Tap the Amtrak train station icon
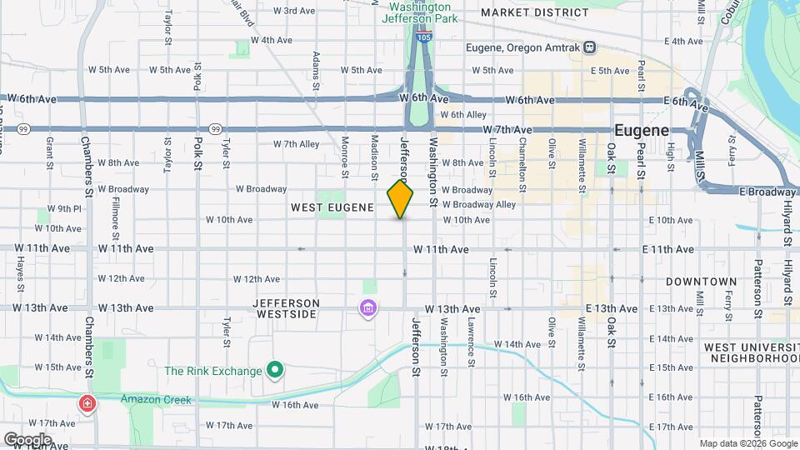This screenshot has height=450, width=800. pyautogui.click(x=589, y=47)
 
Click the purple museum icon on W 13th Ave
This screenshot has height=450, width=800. pyautogui.click(x=367, y=309)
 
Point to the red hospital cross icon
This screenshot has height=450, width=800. pyautogui.click(x=87, y=404)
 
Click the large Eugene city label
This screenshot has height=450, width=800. pyautogui.click(x=642, y=131)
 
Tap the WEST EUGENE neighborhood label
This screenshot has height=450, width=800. pyautogui.click(x=332, y=207)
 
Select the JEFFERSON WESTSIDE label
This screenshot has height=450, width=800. pyautogui.click(x=287, y=308)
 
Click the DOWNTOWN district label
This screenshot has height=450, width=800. pyautogui.click(x=701, y=282)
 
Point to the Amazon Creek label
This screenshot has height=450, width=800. pyautogui.click(x=156, y=400)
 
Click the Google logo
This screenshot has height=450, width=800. pyautogui.click(x=27, y=439)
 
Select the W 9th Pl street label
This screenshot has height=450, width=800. pyautogui.click(x=64, y=209)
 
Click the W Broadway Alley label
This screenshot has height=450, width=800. pyautogui.click(x=479, y=204)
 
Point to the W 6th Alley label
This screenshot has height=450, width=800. pyautogui.click(x=462, y=115)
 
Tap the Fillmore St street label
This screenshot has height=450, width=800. pyautogui.click(x=116, y=214)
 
